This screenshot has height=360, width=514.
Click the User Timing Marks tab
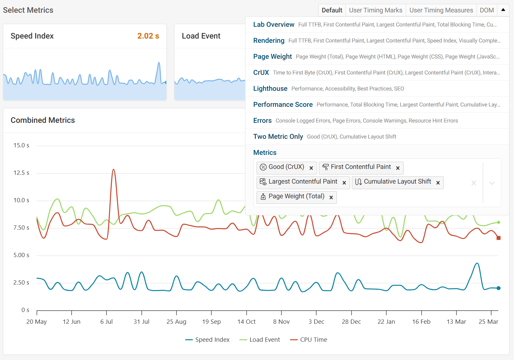pyautogui.click(x=375, y=10)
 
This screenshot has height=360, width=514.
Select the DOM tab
pyautogui.click(x=487, y=10)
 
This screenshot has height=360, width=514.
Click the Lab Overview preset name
pyautogui.click(x=274, y=25)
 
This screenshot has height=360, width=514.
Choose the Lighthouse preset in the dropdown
pyautogui.click(x=270, y=89)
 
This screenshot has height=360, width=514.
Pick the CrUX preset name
pyautogui.click(x=261, y=73)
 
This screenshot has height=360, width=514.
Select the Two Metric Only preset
pyautogui.click(x=278, y=137)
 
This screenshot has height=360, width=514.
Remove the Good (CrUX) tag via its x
pyautogui.click(x=311, y=168)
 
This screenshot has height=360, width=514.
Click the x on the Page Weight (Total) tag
pyautogui.click(x=331, y=197)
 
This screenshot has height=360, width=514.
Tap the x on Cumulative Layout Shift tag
pyautogui.click(x=438, y=183)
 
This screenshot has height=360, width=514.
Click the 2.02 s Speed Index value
pyautogui.click(x=148, y=36)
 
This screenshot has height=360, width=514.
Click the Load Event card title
pyautogui.click(x=201, y=36)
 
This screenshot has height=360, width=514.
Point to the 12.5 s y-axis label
pyautogui.click(x=21, y=173)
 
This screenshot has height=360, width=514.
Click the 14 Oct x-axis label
pyautogui.click(x=246, y=322)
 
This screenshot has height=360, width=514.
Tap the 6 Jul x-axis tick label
pyautogui.click(x=107, y=322)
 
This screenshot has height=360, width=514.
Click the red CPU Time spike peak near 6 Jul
pyautogui.click(x=113, y=170)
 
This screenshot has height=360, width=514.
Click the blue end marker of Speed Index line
pyautogui.click(x=498, y=288)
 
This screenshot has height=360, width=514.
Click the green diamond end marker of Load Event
pyautogui.click(x=498, y=222)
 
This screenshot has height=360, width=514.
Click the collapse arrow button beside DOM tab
pyautogui.click(x=503, y=10)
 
